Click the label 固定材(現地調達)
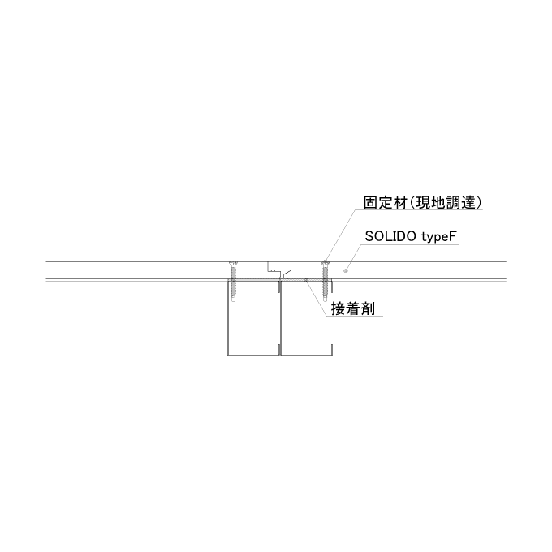pos(422,203)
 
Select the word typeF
pos(438,237)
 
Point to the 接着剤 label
pos(353,309)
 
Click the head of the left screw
pos(233,263)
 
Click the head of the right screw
pos(326,263)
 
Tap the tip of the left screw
pos(233,301)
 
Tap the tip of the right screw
pos(326,301)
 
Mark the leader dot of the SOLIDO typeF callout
pos(345,270)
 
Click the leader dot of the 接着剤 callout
pos(305,279)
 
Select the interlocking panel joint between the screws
pos(279,270)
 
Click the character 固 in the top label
pos(371,203)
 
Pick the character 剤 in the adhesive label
pos(368,309)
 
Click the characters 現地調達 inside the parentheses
pos(446,203)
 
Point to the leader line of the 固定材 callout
pos(340,235)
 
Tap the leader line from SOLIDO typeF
pos(354,257)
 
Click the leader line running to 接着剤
pos(317,297)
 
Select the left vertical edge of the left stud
pos(228,317)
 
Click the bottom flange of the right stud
pos(306,355)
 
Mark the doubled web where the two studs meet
pos(280,317)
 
